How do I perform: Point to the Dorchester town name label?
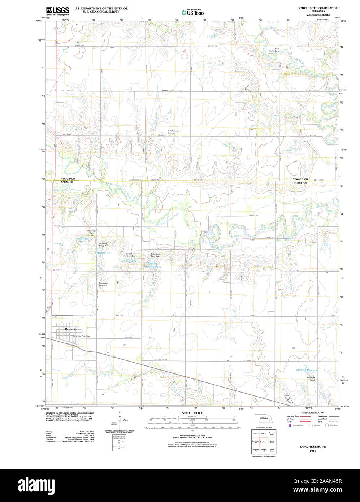coord(71,329)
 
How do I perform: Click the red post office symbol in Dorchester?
coord(73,342)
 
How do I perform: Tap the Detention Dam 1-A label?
coord(92,232)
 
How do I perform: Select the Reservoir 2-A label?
coord(103,253)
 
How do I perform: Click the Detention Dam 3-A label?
coord(130,255)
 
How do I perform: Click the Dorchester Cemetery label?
coord(103,284)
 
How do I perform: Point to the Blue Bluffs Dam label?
coord(277,50)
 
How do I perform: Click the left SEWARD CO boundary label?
coord(68,179)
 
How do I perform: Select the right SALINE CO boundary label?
coord(300,183)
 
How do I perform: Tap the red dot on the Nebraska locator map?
coord(269,420)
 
